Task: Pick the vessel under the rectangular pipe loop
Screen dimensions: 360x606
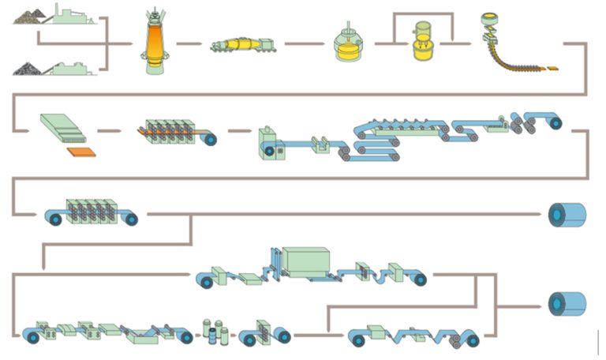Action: pyautogui.click(x=424, y=44)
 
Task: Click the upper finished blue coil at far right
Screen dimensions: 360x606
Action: pyautogui.click(x=567, y=214)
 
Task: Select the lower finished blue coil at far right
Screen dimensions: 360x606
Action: pyautogui.click(x=567, y=303)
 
